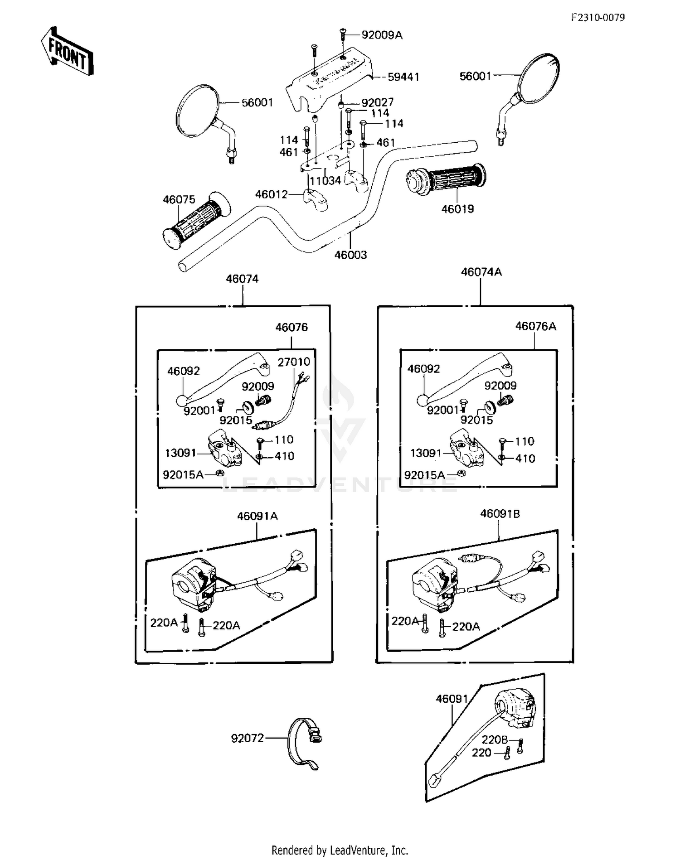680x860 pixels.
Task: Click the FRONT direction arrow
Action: pos(67,51)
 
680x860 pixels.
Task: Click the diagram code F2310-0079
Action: pos(597,17)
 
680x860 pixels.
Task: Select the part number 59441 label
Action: pos(403,77)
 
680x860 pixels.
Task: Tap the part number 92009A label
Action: pos(382,35)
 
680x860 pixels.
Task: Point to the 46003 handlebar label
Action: pos(350,255)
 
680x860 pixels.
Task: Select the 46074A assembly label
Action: pos(481,272)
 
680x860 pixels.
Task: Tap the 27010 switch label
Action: pos(294,362)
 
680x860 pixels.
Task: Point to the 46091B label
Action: pos(500,514)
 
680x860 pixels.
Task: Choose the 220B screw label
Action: pos(494,740)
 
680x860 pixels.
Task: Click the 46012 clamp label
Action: pos(271,194)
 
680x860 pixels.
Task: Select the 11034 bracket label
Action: pos(325,181)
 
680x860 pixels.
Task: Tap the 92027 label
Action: pos(378,102)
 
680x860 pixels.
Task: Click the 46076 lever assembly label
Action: pos(291,327)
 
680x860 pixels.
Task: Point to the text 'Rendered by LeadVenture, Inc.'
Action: pos(340,850)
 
